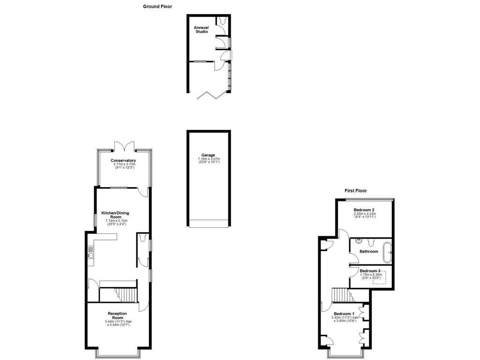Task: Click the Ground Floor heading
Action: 157,7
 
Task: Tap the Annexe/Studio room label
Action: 202,30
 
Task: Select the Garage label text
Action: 208,155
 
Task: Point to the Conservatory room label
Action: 123,161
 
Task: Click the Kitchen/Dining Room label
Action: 115,215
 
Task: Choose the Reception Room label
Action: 117,315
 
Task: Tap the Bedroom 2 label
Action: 364,210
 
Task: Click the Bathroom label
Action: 369,252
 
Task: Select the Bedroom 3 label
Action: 370,271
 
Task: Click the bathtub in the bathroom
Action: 388,252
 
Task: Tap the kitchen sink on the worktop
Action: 90,255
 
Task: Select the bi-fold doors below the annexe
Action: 210,96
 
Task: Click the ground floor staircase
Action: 126,295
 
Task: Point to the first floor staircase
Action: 341,295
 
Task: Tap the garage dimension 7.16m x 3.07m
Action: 209,159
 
